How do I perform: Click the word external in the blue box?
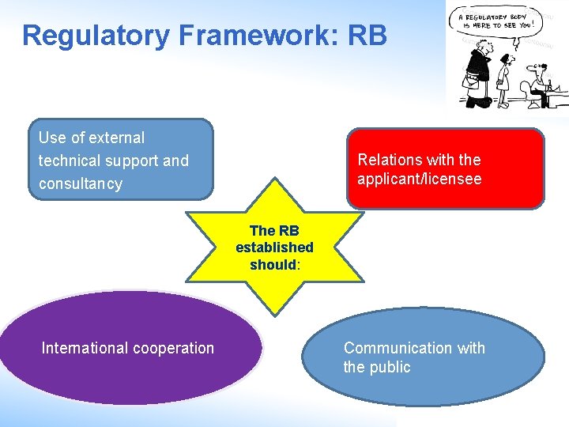pyautogui.click(x=116, y=138)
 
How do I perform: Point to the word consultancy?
pyautogui.click(x=81, y=184)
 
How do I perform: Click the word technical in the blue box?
pyautogui.click(x=68, y=161)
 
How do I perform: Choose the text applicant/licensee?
pyautogui.click(x=419, y=179)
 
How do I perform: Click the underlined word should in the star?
pyautogui.click(x=273, y=265)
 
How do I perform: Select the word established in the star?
pyautogui.click(x=274, y=248)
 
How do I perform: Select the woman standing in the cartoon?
pyautogui.click(x=503, y=79)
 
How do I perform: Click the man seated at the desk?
pyautogui.click(x=540, y=85)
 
